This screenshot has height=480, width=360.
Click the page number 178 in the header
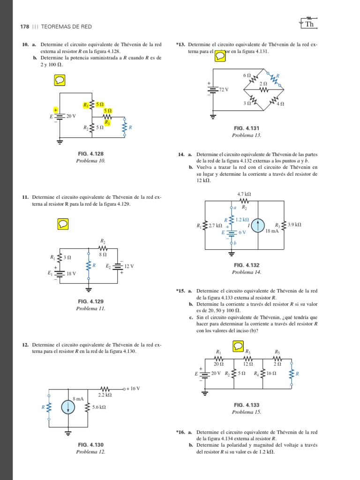tap(24, 26)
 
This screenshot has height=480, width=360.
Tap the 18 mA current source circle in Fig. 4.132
tap(257, 225)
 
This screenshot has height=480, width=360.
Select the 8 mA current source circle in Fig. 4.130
tap(68, 407)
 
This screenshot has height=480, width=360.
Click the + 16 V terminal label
tap(133, 389)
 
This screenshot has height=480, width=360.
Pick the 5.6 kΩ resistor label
tap(99, 407)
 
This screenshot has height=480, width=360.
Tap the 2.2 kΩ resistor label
tap(104, 396)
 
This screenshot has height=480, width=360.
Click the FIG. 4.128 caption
tap(91, 154)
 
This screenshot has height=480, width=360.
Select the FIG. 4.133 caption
tap(247, 405)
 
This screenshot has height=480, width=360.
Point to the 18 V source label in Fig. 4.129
tap(71, 274)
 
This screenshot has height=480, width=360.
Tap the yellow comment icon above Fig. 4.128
tap(60, 81)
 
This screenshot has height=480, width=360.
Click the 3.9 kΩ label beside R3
tap(294, 225)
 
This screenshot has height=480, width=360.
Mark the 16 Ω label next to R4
tap(271, 374)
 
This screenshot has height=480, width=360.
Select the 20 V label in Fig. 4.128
tap(71, 116)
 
